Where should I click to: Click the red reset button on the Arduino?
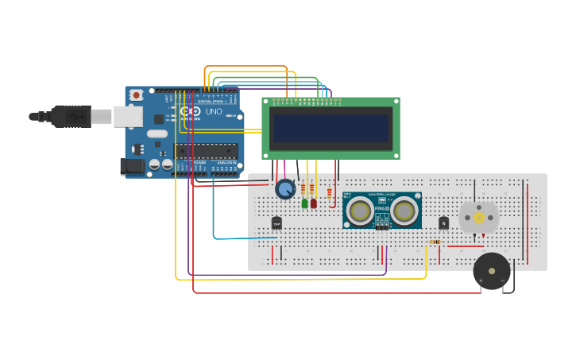[x=136, y=95]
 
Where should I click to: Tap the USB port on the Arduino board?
[x=128, y=117]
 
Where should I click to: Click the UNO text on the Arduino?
[x=214, y=112]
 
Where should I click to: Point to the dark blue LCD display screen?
[x=331, y=128]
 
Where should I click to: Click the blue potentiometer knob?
[x=285, y=189]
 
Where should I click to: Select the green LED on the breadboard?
[x=304, y=203]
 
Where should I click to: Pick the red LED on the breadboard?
[x=314, y=203]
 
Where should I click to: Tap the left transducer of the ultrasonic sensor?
[x=360, y=211]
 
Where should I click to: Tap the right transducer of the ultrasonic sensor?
[x=404, y=211]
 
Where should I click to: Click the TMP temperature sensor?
[x=276, y=223]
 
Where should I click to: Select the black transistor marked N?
[x=443, y=223]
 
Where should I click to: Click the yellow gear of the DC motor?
[x=478, y=217]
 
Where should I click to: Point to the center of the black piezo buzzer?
[x=492, y=271]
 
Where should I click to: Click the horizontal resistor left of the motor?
[x=435, y=242]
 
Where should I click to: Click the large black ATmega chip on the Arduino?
[x=207, y=151]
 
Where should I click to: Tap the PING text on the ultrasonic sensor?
[x=382, y=208]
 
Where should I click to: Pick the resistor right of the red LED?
[x=329, y=193]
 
